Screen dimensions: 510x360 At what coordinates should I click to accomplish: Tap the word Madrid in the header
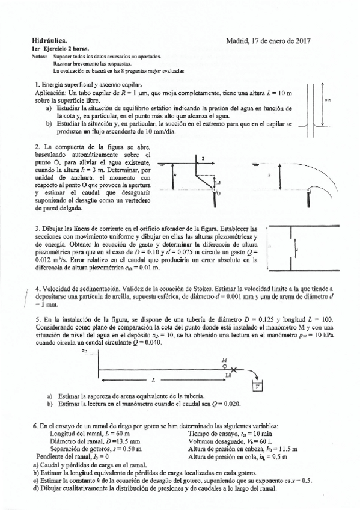tap(239, 38)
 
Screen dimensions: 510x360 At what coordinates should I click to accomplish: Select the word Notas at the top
tap(38, 56)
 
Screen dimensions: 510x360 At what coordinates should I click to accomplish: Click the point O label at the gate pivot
tap(219, 194)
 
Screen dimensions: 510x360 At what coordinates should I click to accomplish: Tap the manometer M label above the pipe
tap(224, 358)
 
